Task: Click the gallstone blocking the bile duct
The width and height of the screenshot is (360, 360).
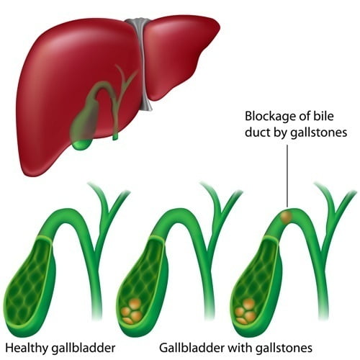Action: (286, 217)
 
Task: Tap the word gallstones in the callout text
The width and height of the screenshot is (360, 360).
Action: (319, 132)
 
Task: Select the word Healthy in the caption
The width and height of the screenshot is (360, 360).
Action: (27, 348)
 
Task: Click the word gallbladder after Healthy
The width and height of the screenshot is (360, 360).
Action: (84, 348)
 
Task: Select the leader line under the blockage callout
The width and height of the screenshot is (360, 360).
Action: (287, 176)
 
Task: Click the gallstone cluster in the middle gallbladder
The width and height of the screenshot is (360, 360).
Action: (131, 311)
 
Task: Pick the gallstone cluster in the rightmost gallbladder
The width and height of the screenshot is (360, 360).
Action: (246, 311)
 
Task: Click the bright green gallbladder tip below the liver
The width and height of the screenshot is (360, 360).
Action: (82, 145)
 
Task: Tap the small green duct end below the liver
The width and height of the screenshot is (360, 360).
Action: (115, 137)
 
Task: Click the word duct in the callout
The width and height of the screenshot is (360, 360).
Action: (258, 132)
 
